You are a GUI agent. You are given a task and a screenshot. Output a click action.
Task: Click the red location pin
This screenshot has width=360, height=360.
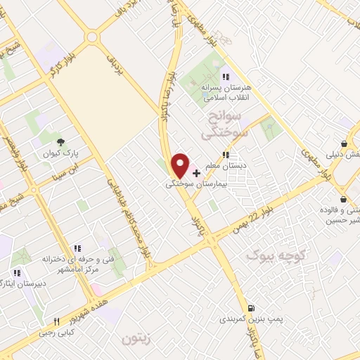point(181,165)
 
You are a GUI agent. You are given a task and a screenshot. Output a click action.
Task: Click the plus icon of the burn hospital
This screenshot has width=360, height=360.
point(196,172)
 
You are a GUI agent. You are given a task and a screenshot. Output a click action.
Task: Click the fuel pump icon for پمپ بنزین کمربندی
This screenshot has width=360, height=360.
point(251,308)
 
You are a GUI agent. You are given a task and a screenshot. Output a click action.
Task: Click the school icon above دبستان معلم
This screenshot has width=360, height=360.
point(224,155)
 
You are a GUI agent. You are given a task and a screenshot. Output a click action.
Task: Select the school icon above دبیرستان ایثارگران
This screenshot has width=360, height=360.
point(16,273)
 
